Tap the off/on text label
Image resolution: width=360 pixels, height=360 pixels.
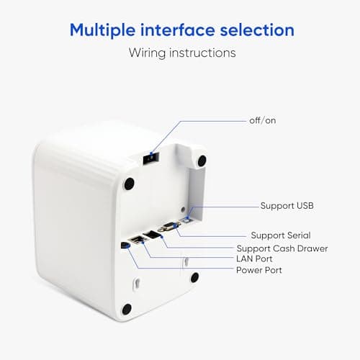coord(262,120)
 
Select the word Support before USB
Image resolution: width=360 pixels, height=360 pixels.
coord(276,206)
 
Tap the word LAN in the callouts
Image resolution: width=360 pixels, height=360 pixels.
coord(245,259)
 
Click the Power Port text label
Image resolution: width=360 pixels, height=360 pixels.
coord(259,271)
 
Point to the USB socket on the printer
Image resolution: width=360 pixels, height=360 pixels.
coord(186,220)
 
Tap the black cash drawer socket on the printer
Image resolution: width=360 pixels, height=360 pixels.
coord(152,234)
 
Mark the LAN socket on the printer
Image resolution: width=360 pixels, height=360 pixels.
coord(137,239)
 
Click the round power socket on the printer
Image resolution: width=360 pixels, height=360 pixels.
coord(125,245)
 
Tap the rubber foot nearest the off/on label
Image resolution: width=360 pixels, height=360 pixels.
coord(202,160)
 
